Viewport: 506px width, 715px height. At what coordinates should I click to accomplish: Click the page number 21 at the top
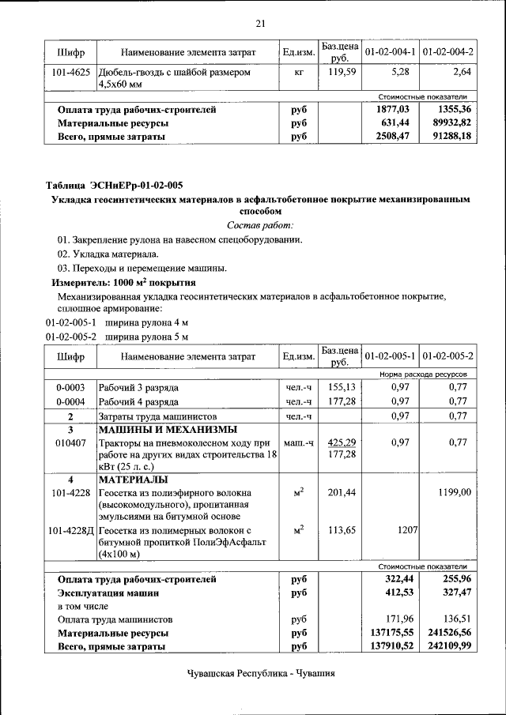point(261,23)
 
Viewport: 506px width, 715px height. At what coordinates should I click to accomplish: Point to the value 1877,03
point(393,110)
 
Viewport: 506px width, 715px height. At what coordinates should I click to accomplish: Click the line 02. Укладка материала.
point(107,254)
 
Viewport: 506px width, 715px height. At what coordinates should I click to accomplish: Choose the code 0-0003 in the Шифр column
point(71,388)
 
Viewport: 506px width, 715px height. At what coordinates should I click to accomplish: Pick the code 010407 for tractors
point(71,443)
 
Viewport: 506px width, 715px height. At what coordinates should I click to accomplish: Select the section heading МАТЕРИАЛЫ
point(133,480)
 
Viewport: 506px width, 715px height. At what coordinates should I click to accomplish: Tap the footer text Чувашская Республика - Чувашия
point(261,674)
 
